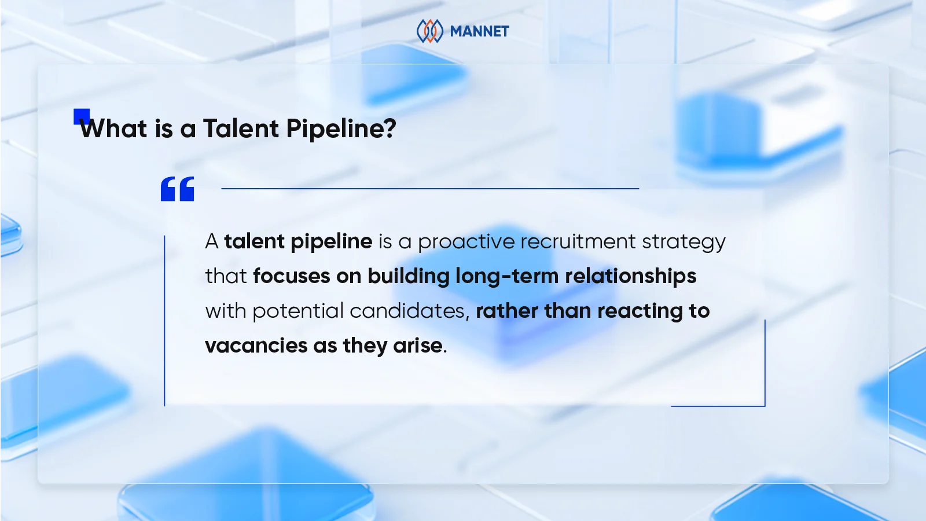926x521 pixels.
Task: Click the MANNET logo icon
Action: coord(430,31)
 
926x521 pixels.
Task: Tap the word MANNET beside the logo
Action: coord(479,31)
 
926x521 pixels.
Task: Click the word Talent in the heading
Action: coord(241,129)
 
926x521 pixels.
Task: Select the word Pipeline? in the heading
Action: coord(341,129)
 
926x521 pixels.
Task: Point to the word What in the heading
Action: coord(114,129)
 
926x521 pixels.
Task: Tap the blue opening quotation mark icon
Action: coord(177,189)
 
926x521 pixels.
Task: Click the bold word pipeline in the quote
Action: coord(331,241)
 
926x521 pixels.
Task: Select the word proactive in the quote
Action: coord(466,242)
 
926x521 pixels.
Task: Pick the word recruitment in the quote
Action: coord(578,241)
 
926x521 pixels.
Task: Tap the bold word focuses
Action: coord(291,276)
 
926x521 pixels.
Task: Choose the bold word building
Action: coord(408,276)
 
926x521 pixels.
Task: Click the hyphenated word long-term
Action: coord(507,277)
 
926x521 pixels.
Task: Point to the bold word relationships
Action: coord(630,276)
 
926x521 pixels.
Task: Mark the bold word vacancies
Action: coord(256,346)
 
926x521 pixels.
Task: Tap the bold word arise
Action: coord(418,346)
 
